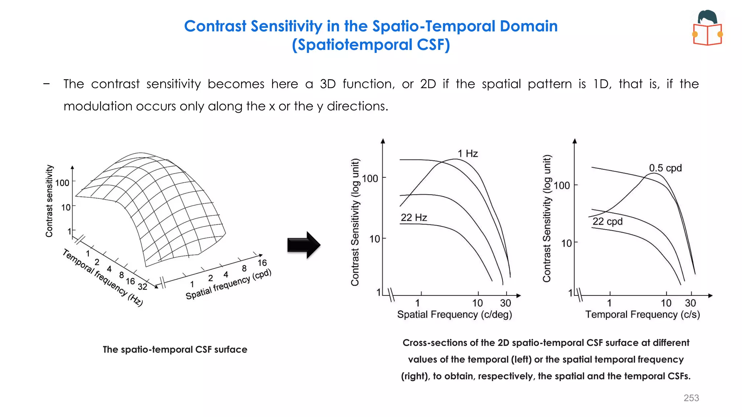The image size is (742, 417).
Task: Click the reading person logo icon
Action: (x=707, y=28)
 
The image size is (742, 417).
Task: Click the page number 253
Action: (x=691, y=398)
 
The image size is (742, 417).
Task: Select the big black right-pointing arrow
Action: (x=304, y=245)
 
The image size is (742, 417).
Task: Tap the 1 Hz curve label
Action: (x=467, y=153)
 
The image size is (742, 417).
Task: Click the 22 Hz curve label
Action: (x=414, y=218)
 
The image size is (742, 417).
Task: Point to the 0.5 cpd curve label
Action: (x=665, y=168)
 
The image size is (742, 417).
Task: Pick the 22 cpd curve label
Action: (x=607, y=221)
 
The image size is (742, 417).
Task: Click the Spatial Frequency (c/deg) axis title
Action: (x=454, y=314)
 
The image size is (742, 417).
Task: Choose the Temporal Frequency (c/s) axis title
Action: (x=642, y=314)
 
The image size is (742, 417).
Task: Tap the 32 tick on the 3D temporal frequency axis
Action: (x=142, y=287)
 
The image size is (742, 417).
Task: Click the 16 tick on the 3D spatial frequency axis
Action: (x=262, y=263)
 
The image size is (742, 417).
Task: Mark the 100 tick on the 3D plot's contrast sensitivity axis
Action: (x=62, y=183)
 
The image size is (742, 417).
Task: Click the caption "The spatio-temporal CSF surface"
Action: (x=175, y=349)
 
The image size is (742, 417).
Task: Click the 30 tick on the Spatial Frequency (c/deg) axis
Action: (x=505, y=303)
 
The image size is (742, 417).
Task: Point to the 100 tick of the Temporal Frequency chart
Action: (x=562, y=186)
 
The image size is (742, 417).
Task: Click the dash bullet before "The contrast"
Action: (x=46, y=84)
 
